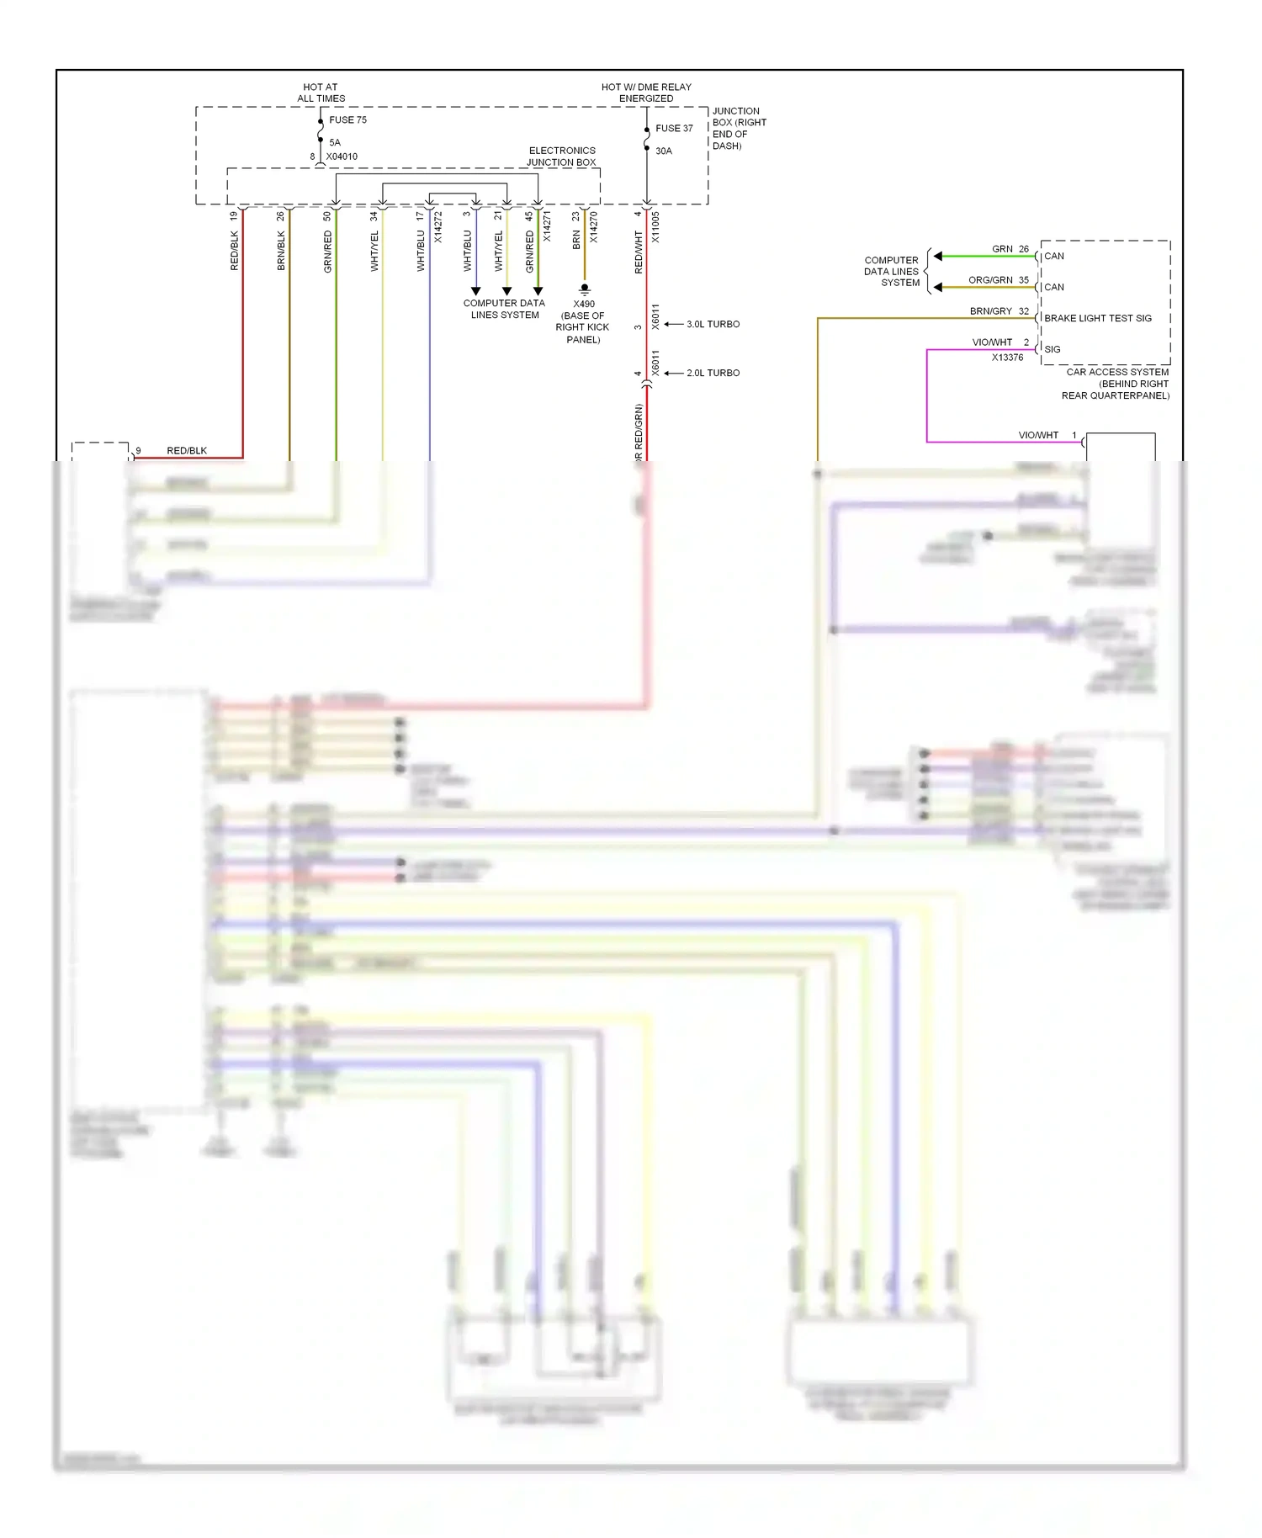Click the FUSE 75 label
coord(347,120)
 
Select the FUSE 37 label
coord(674,129)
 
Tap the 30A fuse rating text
coord(664,151)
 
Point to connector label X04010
coord(342,156)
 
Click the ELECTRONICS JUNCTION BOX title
coord(561,156)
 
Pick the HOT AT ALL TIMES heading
coord(321,93)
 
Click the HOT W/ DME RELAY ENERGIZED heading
coord(646,93)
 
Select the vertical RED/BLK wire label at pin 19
coord(235,251)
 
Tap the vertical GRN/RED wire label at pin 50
coord(328,251)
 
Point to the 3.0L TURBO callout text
coord(713,324)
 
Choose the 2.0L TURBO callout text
coord(713,373)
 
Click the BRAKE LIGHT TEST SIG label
coord(1098,318)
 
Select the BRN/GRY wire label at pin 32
coord(990,311)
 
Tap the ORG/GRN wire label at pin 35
coord(990,280)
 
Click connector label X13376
coord(1007,358)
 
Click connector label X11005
coord(655,227)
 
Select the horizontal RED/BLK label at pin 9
coord(187,451)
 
